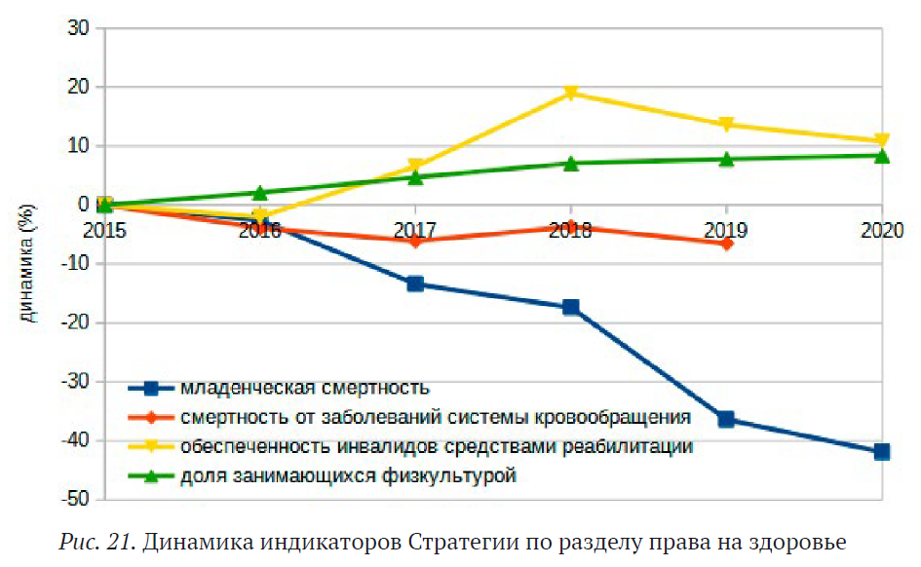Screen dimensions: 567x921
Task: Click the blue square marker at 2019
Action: click(x=726, y=419)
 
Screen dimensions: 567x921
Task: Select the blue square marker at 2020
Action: click(x=881, y=451)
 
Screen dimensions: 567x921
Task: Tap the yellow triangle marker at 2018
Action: click(x=571, y=94)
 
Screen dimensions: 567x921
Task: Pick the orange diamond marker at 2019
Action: click(x=726, y=243)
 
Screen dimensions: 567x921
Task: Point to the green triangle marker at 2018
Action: click(x=571, y=163)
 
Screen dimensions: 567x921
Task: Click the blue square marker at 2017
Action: click(x=415, y=283)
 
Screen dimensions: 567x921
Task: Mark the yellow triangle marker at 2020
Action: click(x=881, y=141)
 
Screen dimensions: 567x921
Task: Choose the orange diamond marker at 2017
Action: click(x=415, y=240)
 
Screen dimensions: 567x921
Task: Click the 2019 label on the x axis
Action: click(x=726, y=230)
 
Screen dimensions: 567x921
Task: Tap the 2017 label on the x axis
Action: click(x=415, y=230)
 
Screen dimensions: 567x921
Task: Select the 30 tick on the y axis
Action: click(x=79, y=28)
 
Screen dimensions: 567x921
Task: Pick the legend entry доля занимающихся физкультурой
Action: click(x=347, y=476)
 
